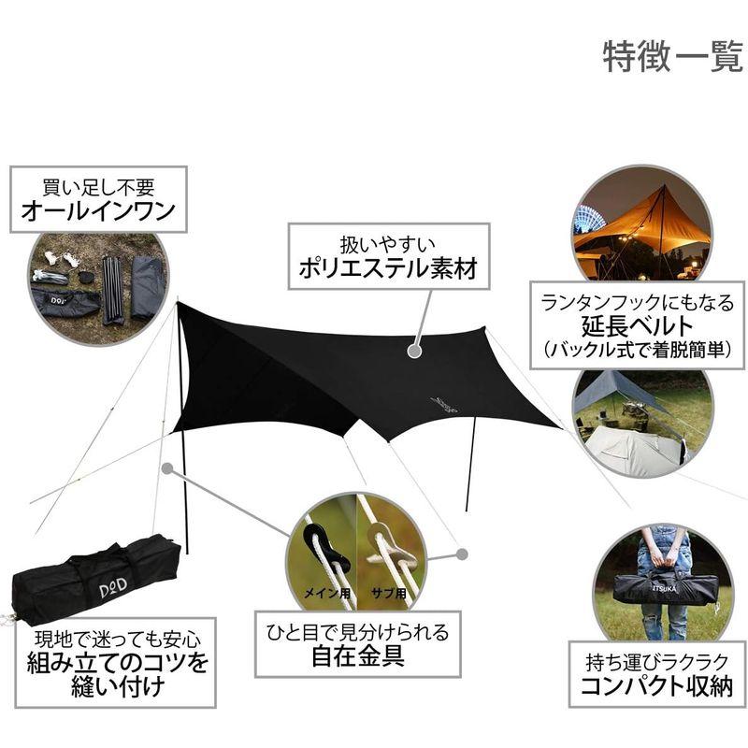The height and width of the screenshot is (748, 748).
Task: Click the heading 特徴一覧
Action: [673, 56]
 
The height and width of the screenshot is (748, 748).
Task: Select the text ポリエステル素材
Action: [388, 269]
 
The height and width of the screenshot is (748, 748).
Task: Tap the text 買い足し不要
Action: [97, 184]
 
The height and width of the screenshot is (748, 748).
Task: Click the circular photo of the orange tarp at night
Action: [641, 224]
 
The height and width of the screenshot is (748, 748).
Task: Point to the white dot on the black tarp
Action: [412, 351]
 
